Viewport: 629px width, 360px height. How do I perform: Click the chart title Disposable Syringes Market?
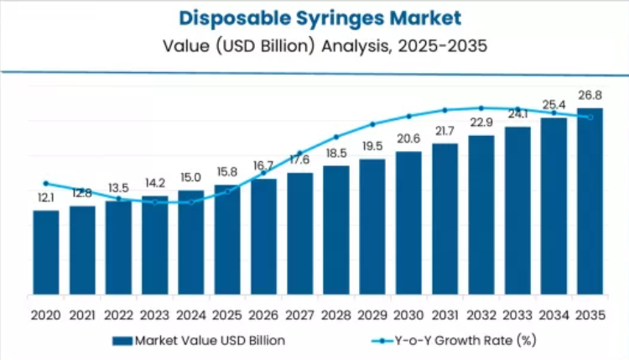pyautogui.click(x=314, y=18)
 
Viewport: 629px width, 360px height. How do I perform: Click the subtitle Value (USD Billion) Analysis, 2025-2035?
pyautogui.click(x=314, y=45)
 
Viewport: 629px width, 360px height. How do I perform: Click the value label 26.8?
pyautogui.click(x=590, y=96)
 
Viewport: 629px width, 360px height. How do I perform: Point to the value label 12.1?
pyautogui.click(x=46, y=198)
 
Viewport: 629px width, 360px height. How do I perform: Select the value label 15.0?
pyautogui.click(x=191, y=177)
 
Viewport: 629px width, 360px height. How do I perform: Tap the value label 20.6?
pyautogui.click(x=408, y=138)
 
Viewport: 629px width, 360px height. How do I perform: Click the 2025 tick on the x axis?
pyautogui.click(x=227, y=316)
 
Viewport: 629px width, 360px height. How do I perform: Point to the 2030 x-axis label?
pyautogui.click(x=408, y=316)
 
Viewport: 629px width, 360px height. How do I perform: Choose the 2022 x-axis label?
pyautogui.click(x=118, y=316)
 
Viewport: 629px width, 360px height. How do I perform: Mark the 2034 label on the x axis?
pyautogui.click(x=554, y=316)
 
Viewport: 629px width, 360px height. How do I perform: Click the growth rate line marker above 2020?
pyautogui.click(x=46, y=183)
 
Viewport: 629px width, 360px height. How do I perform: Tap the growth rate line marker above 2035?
pyautogui.click(x=590, y=117)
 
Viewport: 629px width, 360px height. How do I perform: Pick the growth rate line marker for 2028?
pyautogui.click(x=335, y=137)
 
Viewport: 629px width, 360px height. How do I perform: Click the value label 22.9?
pyautogui.click(x=481, y=123)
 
